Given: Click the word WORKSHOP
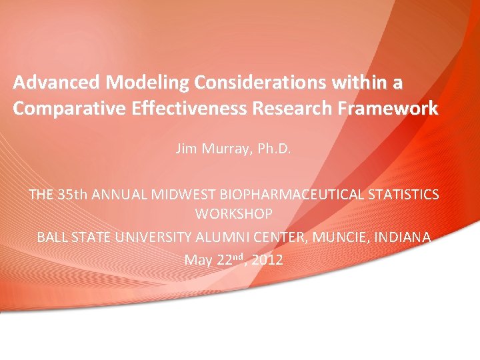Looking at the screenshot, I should pyautogui.click(x=234, y=214).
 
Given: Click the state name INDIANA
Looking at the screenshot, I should pyautogui.click(x=401, y=237).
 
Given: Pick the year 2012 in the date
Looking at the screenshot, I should pyautogui.click(x=267, y=260).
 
